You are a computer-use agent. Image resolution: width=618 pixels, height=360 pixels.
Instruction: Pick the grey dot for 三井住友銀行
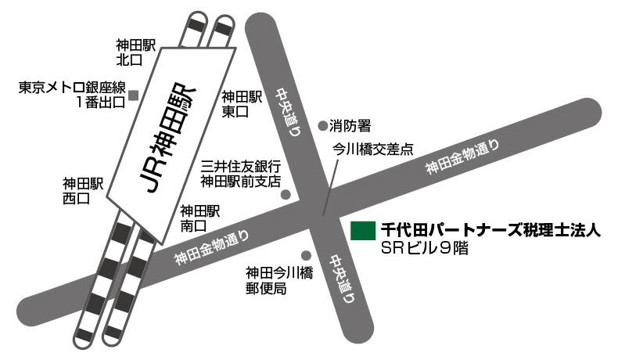[x=286, y=194]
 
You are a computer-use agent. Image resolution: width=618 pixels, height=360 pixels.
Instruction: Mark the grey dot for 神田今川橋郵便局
[x=306, y=255]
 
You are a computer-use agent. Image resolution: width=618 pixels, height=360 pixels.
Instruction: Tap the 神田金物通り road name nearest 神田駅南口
[x=214, y=247]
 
